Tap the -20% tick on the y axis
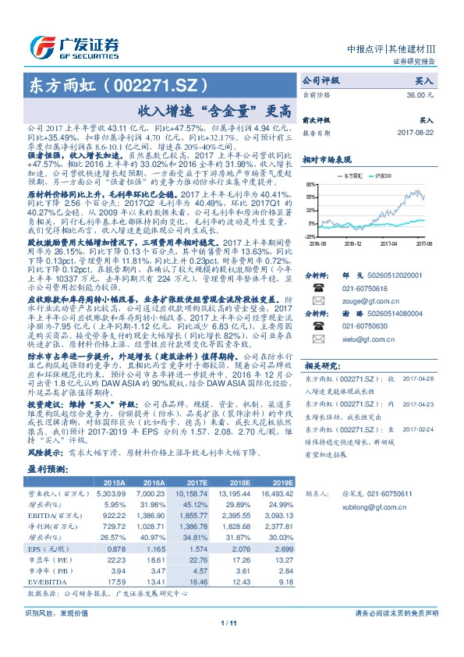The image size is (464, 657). point(310,235)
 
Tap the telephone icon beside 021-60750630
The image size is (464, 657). point(318,325)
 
